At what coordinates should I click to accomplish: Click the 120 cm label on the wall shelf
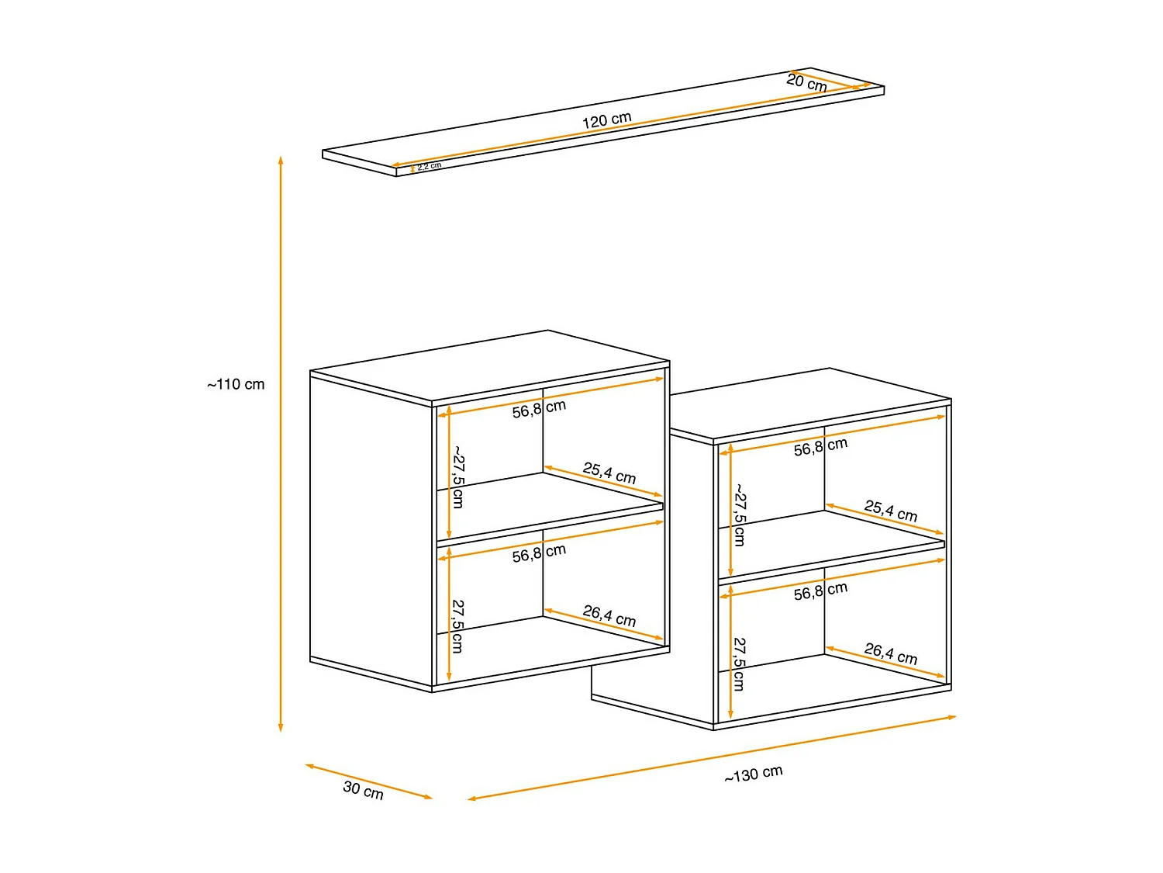pyautogui.click(x=607, y=120)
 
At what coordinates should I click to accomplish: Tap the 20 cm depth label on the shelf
pyautogui.click(x=806, y=82)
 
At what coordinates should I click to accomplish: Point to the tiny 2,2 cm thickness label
pyautogui.click(x=429, y=166)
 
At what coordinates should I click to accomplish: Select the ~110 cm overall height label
pyautogui.click(x=236, y=384)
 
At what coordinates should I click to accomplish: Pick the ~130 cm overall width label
pyautogui.click(x=754, y=774)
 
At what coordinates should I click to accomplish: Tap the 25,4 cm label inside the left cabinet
pyautogui.click(x=609, y=473)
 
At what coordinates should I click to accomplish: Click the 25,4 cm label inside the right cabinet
pyautogui.click(x=891, y=511)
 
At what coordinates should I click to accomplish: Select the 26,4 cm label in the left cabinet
pyautogui.click(x=609, y=616)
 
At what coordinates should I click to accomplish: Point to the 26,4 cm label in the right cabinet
pyautogui.click(x=891, y=653)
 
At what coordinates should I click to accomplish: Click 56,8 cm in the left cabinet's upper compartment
pyautogui.click(x=539, y=408)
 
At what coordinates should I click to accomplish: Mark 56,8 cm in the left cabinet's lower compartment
pyautogui.click(x=539, y=553)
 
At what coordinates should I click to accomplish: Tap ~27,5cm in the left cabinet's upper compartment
pyautogui.click(x=458, y=476)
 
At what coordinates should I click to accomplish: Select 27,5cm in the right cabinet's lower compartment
pyautogui.click(x=740, y=664)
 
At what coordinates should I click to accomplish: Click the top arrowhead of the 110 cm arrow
pyautogui.click(x=281, y=161)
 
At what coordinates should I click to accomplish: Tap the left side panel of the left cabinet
pyautogui.click(x=371, y=528)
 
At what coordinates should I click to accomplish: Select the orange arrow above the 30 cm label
pyautogui.click(x=368, y=781)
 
